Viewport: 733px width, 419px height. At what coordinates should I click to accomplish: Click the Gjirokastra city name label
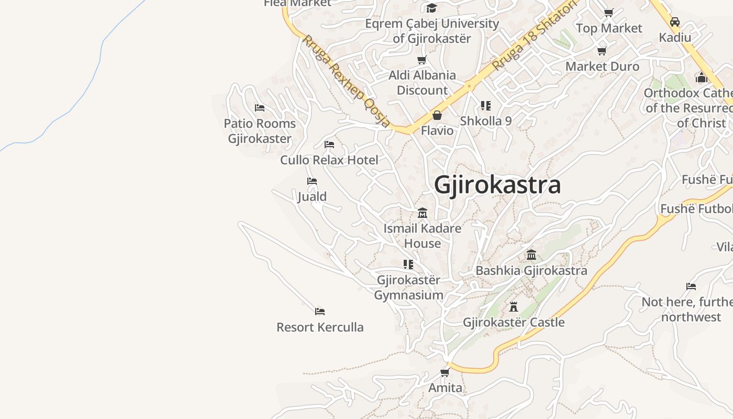[497, 185]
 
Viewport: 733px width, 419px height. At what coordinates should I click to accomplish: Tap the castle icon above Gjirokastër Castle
[514, 307]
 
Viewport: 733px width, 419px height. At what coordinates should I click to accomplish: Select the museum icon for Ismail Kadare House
[423, 213]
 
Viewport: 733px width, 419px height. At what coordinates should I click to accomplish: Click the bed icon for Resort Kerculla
[320, 312]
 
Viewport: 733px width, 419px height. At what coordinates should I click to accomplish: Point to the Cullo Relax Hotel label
[329, 160]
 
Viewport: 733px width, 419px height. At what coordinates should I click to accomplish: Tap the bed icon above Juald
[312, 181]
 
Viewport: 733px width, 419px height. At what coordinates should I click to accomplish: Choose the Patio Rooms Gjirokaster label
[260, 131]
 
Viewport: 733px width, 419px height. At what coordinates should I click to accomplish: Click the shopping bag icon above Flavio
[437, 115]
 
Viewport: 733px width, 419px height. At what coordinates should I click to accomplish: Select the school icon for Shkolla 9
[486, 106]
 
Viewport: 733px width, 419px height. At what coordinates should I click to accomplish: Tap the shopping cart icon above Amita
[445, 372]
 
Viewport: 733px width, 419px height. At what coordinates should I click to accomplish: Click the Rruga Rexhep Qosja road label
[346, 81]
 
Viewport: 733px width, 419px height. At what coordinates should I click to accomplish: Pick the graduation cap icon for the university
[431, 8]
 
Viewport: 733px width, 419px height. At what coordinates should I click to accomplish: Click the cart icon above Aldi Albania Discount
[422, 60]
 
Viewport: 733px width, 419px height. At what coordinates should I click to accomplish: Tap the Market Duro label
[602, 67]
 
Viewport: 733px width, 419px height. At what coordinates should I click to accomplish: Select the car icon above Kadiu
[675, 22]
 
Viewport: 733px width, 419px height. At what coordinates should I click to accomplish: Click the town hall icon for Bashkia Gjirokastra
[531, 255]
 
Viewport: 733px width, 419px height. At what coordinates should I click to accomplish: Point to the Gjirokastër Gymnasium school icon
[408, 264]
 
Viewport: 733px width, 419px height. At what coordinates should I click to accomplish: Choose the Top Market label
[609, 28]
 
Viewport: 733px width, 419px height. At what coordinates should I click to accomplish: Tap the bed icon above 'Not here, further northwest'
[691, 286]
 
